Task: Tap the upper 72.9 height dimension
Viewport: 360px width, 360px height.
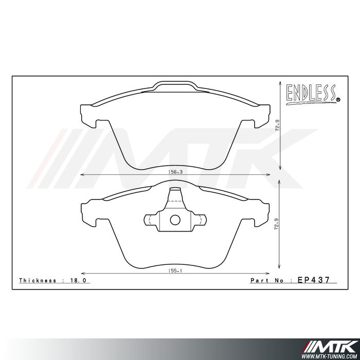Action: tap(277, 125)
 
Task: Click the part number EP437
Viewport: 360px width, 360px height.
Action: tap(313, 280)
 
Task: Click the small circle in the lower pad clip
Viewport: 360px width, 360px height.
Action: tap(175, 221)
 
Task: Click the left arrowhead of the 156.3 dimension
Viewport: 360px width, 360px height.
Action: tap(84, 175)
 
